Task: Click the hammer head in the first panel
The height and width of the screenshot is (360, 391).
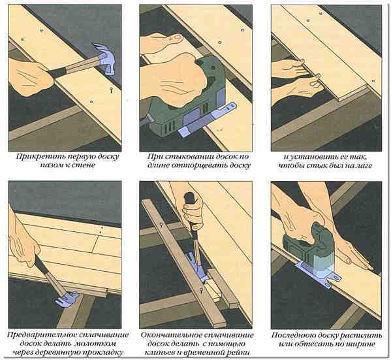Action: click(x=104, y=59)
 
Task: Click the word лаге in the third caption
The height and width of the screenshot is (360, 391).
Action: click(x=364, y=166)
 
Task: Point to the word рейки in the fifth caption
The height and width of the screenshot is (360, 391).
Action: click(x=240, y=353)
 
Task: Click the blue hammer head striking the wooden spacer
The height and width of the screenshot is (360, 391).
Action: click(x=67, y=299)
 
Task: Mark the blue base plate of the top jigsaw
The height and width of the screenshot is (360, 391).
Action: click(x=206, y=120)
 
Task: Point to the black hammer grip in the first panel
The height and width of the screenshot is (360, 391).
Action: click(x=58, y=72)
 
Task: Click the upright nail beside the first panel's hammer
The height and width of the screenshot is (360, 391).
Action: click(x=111, y=90)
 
